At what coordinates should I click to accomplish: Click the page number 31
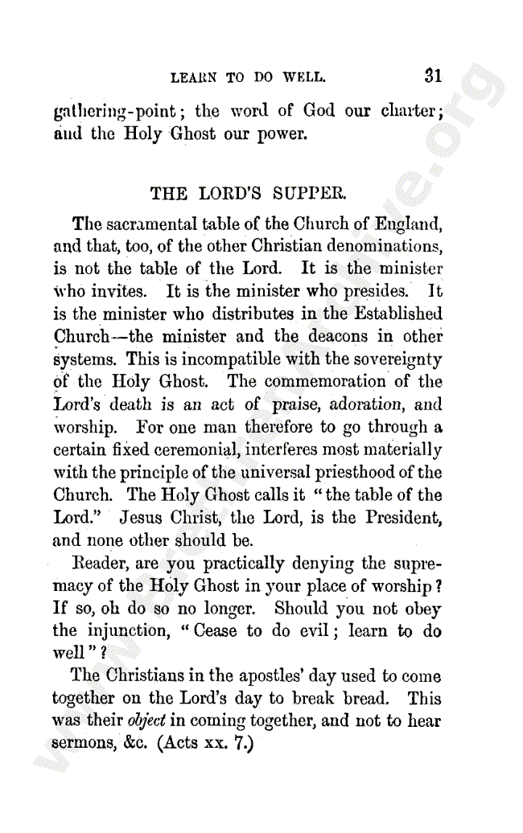pos(433,76)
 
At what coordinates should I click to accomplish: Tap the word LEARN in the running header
pos(194,78)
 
